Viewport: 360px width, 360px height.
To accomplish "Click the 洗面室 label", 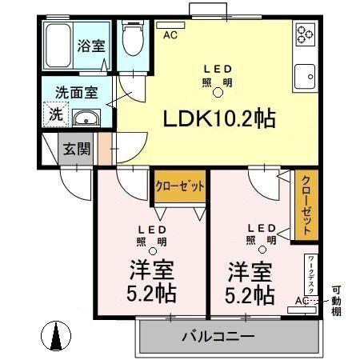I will [77, 91].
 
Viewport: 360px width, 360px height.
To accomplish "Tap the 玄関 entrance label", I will [77, 148].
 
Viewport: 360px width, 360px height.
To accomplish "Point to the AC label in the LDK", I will [170, 35].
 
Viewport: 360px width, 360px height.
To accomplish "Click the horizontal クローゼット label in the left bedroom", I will [179, 186].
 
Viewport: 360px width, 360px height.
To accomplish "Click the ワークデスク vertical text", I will [310, 275].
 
